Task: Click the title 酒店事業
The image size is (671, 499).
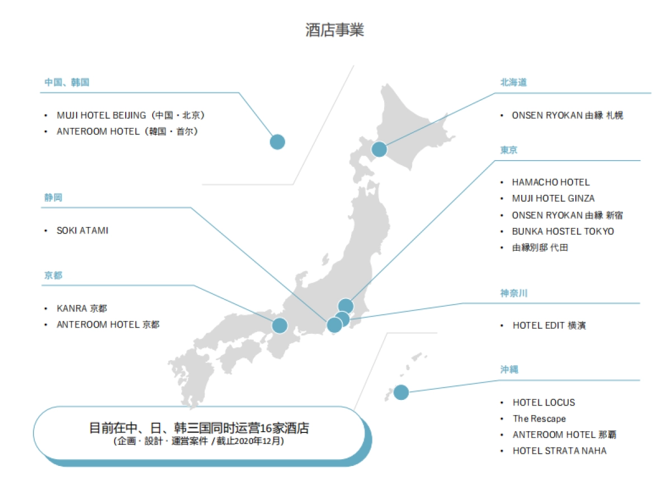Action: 334,30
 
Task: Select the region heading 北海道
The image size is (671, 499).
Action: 513,82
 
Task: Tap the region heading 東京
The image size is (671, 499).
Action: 509,150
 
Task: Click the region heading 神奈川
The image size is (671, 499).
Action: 513,293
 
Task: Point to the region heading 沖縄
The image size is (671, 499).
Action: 509,370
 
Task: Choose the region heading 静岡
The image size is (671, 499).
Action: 53,198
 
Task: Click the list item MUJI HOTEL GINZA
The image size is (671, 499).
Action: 553,198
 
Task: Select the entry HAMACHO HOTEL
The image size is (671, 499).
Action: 551,182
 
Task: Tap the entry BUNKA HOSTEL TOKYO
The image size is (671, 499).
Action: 563,231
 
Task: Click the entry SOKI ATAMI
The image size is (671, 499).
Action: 82,230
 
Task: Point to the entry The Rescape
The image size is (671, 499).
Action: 539,418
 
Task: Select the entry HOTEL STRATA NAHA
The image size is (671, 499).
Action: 559,451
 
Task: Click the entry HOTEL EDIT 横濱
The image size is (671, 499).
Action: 549,325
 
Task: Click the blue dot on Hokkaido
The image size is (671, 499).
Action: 379,150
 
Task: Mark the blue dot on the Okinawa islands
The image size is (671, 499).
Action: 401,392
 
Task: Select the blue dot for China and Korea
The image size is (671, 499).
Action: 277,142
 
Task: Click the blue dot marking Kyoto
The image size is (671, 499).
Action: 280,325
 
